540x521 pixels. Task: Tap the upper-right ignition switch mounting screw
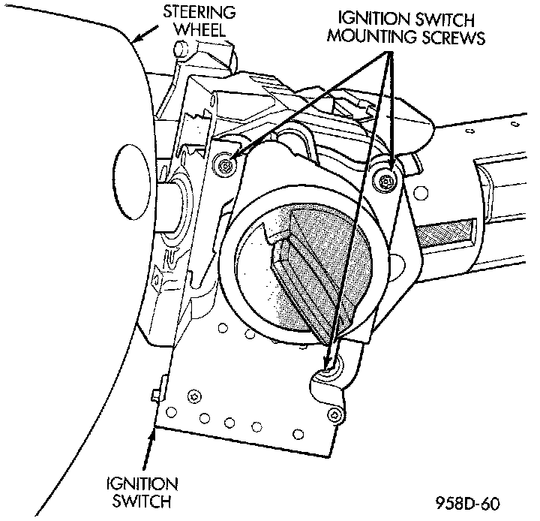(385, 178)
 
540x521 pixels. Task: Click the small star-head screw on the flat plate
(194, 396)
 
